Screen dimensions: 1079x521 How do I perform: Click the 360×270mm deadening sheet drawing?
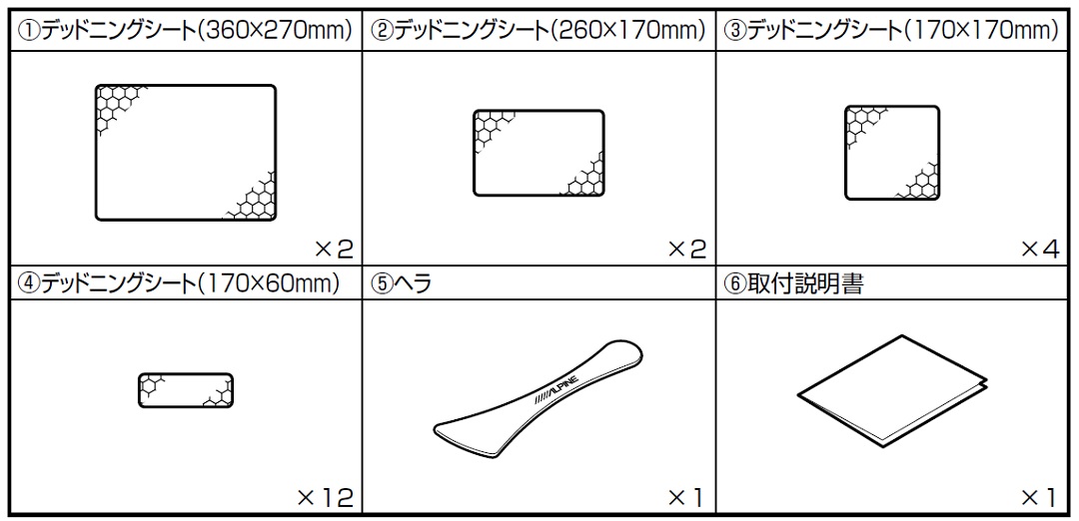[x=186, y=153]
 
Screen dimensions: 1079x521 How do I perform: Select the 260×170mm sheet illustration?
[x=539, y=154]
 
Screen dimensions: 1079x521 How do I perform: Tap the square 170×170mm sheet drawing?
[x=892, y=153]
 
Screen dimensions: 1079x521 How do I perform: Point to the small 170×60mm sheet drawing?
[x=186, y=390]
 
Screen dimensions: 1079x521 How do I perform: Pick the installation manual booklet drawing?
[x=892, y=390]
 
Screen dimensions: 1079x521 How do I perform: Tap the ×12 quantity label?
[x=325, y=496]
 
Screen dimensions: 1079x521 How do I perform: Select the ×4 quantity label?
[x=1040, y=249]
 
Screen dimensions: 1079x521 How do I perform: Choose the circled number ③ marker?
[x=735, y=31]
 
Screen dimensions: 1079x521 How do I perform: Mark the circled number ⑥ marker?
[x=735, y=283]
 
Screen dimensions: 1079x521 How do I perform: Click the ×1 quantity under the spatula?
[x=686, y=496]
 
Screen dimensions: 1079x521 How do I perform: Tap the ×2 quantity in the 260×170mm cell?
[x=687, y=249]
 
